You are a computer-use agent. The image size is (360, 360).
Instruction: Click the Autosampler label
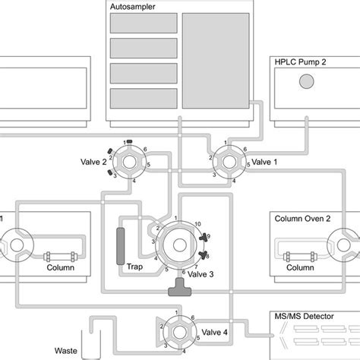pos(128,6)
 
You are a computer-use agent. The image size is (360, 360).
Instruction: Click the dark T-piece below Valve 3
pos(180,286)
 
